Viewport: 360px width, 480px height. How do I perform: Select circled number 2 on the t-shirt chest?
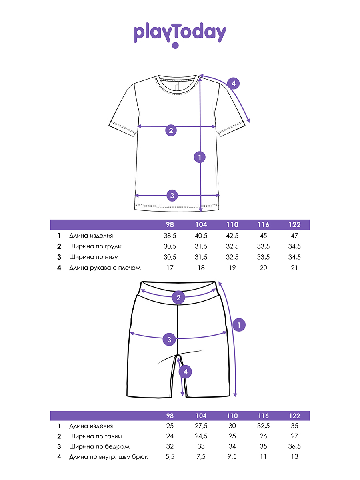pos(171,130)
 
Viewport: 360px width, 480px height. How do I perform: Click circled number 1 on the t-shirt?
pos(200,157)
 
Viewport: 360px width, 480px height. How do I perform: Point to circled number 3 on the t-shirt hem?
pos(172,196)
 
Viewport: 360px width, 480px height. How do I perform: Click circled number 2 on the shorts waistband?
pos(178,297)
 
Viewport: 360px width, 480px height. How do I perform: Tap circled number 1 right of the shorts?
pos(239,325)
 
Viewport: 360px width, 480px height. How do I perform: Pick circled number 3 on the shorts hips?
pos(170,340)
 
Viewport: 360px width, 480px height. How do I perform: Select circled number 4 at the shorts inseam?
pos(185,372)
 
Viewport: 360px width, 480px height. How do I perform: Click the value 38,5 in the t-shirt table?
pos(170,236)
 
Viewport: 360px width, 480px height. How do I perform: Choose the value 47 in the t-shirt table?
pos(294,236)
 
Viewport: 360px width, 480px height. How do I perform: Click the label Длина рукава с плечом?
pos(105,268)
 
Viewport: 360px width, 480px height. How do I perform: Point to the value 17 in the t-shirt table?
pos(170,268)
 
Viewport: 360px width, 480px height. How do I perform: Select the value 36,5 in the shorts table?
pos(294,446)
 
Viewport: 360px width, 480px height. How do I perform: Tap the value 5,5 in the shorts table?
pos(170,457)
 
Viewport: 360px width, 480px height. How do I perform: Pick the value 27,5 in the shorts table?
pos(201,426)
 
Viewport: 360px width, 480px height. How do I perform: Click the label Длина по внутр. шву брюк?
pos(108,457)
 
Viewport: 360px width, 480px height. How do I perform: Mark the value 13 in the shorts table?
pos(294,457)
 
